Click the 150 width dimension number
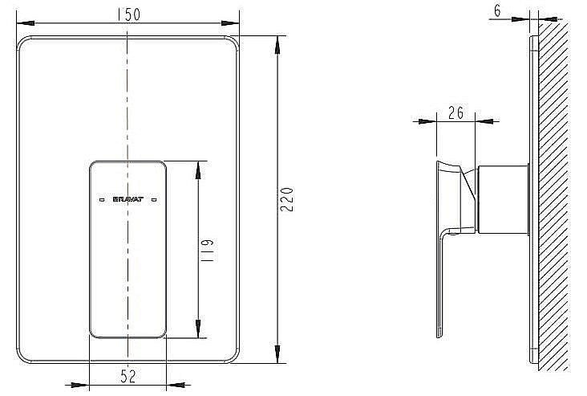pyautogui.click(x=128, y=14)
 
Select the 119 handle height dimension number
pyautogui.click(x=207, y=249)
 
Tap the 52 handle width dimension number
pyautogui.click(x=128, y=374)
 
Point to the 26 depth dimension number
pyautogui.click(x=455, y=112)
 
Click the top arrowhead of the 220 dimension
pyautogui.click(x=277, y=41)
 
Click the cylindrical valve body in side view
pyautogui.click(x=503, y=200)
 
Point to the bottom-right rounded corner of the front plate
pyautogui.click(x=233, y=353)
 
